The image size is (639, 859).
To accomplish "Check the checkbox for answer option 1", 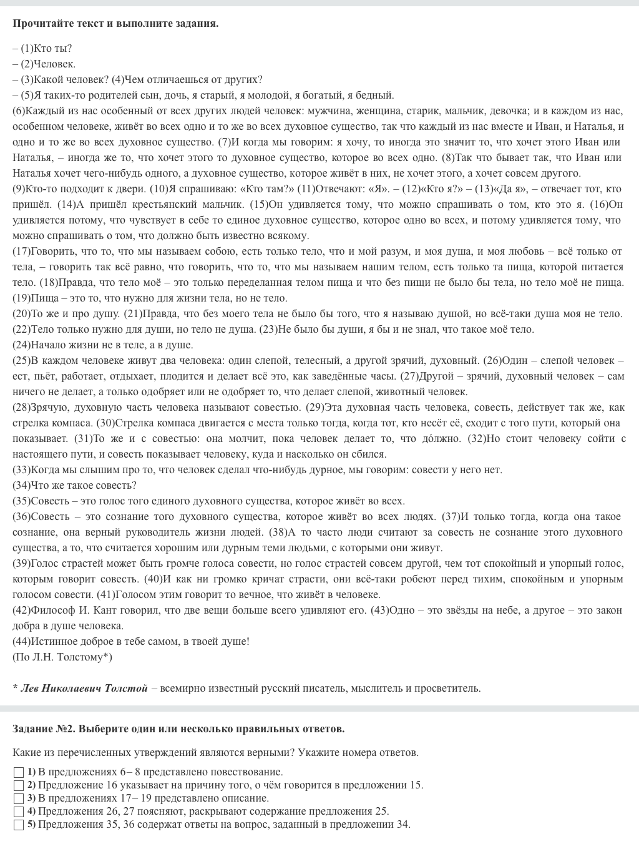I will point(18,772).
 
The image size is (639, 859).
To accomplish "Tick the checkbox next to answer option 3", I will point(18,798).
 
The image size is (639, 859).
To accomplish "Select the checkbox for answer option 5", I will point(18,825).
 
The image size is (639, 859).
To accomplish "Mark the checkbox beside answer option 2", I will point(18,785).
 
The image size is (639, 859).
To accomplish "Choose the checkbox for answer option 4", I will point(18,812).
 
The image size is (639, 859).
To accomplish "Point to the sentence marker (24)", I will point(21,345).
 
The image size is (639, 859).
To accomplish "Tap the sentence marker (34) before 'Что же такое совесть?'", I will point(21,485).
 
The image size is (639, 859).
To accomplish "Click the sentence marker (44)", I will point(21,641).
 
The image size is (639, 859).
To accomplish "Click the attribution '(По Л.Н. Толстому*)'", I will point(62,657).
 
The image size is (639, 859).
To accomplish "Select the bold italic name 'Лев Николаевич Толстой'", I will point(84,688).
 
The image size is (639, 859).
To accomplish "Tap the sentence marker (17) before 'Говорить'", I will point(21,251).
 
